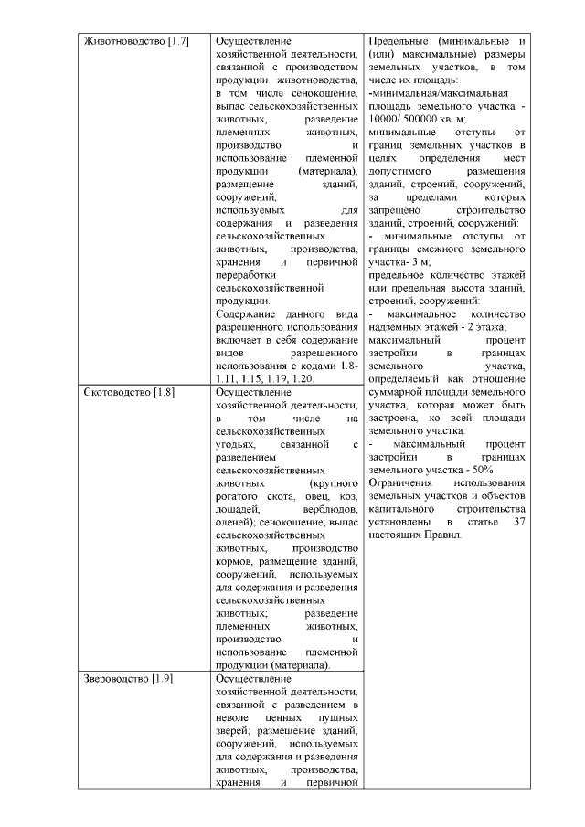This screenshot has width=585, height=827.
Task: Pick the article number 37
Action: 518,521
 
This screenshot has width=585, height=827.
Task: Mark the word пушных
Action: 335,718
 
